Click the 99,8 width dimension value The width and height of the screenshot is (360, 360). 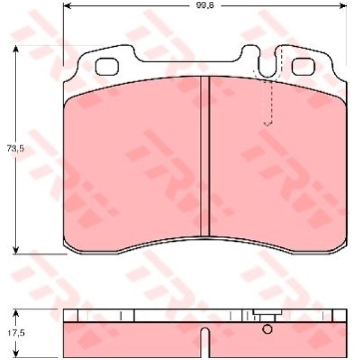[x=205, y=5]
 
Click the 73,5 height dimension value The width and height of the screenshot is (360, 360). [x=16, y=149]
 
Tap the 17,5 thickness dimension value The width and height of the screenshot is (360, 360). [x=16, y=334]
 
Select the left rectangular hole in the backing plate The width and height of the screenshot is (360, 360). [x=107, y=67]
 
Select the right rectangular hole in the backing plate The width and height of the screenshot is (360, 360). [x=303, y=67]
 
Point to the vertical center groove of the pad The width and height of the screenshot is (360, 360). [x=205, y=156]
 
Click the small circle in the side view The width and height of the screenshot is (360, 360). [x=267, y=329]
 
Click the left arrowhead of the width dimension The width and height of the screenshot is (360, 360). [x=67, y=5]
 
